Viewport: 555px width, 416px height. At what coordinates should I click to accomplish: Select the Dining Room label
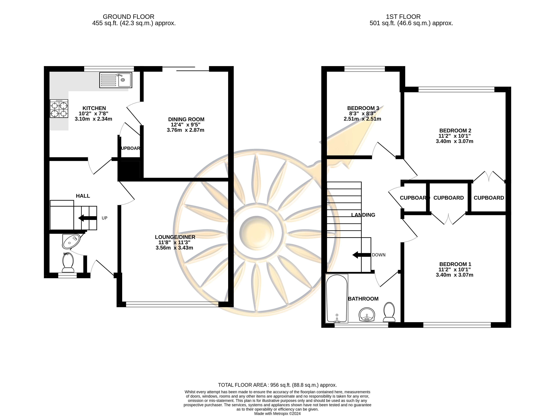(186, 119)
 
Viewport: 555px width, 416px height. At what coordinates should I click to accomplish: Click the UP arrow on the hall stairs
(87, 218)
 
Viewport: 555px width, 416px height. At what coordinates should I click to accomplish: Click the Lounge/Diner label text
(175, 237)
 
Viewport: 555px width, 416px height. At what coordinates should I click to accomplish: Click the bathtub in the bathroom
(337, 299)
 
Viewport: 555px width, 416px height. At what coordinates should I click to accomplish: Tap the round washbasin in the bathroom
(367, 314)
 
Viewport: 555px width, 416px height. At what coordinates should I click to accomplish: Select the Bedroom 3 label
(363, 108)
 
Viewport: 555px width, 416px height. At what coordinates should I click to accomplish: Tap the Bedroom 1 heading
(455, 264)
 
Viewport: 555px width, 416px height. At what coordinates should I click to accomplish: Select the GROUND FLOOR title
(129, 17)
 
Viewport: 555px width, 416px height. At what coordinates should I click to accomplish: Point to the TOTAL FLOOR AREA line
(277, 385)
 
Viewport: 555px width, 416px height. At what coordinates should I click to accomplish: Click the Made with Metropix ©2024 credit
(277, 413)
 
